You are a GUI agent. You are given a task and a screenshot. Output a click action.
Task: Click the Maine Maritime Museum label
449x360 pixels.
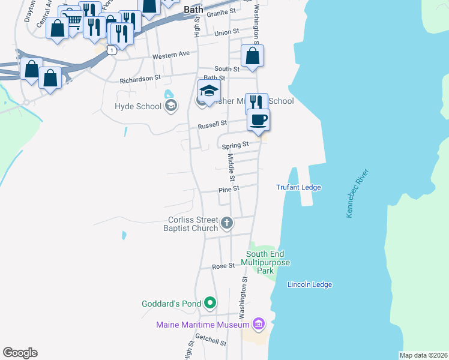[x=202, y=325]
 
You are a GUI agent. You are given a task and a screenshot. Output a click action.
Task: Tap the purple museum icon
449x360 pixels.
[x=259, y=325]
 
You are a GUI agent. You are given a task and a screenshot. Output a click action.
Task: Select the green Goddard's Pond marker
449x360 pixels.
[x=209, y=303]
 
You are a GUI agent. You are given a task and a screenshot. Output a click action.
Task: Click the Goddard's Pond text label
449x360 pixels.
[x=171, y=304]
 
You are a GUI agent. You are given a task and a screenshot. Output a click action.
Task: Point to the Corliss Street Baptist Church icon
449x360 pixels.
[x=227, y=224]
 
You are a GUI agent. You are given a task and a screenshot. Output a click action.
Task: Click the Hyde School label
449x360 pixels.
[x=138, y=106]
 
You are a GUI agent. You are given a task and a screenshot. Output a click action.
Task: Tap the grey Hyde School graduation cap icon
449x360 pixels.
[x=171, y=106]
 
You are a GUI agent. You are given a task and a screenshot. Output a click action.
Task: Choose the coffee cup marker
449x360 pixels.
[x=258, y=119]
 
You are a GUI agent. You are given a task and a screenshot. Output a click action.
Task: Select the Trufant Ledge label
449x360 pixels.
[x=298, y=187]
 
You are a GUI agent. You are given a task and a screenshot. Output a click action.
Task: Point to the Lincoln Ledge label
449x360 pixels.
[x=310, y=284]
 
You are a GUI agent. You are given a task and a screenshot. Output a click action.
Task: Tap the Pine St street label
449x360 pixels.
[x=229, y=188]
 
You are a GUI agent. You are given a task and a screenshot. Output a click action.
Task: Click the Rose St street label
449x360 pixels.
[x=223, y=266]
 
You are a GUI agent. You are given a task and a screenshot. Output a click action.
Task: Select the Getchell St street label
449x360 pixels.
[x=214, y=342]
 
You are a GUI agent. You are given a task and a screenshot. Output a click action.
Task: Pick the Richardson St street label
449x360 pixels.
[x=140, y=78]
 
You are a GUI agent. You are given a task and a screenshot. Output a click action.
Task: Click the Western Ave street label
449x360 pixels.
[x=170, y=55]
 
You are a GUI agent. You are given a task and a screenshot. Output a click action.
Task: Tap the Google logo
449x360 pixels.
[x=20, y=353]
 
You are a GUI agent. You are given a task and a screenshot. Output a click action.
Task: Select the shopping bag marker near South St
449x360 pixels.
[x=253, y=56]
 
